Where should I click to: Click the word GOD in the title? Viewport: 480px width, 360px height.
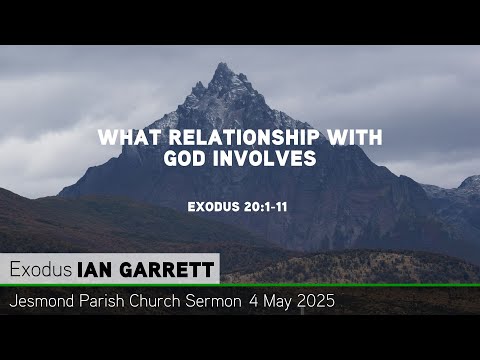pos(183,160)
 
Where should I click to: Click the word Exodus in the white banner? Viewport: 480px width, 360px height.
pos(39,269)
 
